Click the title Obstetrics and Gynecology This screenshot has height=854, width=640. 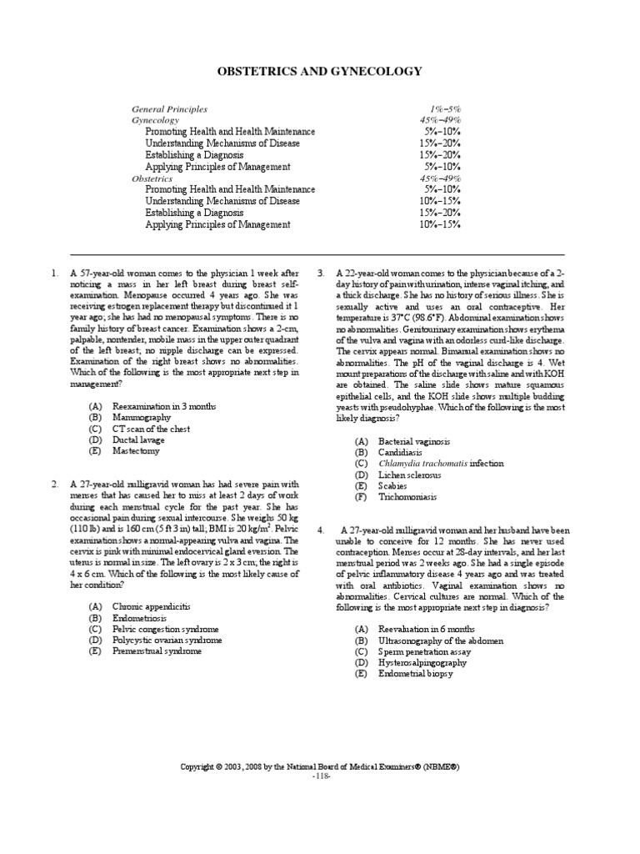click(320, 73)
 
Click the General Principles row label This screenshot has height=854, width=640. click(169, 109)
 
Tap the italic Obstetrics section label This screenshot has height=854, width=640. click(152, 178)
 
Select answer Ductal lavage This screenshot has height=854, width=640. click(138, 440)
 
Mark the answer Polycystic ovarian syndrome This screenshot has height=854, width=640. click(167, 640)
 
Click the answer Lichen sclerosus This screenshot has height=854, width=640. click(410, 475)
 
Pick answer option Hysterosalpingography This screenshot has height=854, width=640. click(422, 662)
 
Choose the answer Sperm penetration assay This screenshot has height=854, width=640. click(423, 651)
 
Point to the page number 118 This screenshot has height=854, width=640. click(321, 776)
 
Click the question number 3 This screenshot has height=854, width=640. click(322, 273)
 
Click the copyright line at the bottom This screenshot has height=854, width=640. click(320, 766)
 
